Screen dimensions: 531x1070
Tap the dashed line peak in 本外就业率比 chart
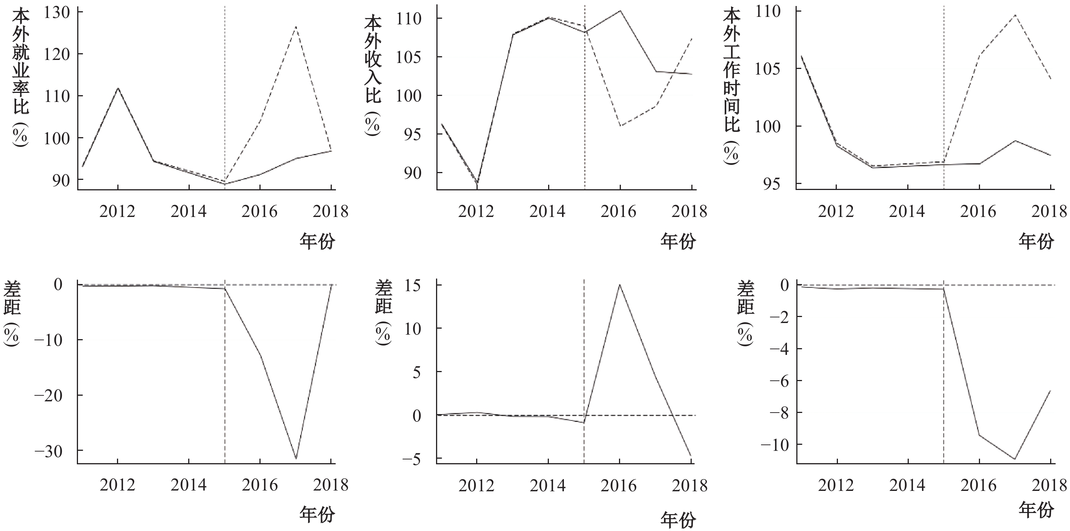295,27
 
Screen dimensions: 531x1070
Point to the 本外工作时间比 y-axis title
731,87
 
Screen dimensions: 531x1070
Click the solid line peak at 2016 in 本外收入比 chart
620,11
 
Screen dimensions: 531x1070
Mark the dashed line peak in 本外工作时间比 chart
1015,15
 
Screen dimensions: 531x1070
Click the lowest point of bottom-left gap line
296,459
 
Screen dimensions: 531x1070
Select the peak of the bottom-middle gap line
620,284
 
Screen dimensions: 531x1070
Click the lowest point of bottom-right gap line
1015,459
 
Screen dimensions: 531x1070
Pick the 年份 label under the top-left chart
317,241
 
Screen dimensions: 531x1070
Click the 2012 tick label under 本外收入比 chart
476,211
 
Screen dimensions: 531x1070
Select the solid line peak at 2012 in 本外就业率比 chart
118,88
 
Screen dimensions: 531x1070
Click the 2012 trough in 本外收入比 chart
477,182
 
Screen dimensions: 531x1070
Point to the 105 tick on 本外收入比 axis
409,57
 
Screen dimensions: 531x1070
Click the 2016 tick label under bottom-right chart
978,485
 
